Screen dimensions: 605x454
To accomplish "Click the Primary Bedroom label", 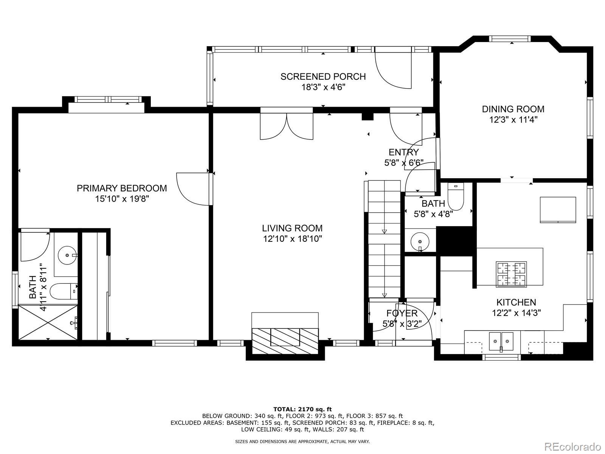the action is [x=122, y=188].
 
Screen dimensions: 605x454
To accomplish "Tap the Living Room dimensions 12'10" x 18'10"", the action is [x=292, y=239].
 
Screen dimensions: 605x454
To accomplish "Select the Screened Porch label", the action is [x=323, y=77].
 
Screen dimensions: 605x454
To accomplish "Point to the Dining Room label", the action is [x=513, y=109].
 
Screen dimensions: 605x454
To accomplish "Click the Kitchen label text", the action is [x=516, y=302].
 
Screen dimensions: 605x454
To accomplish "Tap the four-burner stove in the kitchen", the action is [x=511, y=274].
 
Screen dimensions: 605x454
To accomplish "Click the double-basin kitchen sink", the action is [x=501, y=342].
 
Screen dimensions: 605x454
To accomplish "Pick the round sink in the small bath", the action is [x=420, y=242].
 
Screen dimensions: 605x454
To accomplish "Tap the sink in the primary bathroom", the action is [x=68, y=255].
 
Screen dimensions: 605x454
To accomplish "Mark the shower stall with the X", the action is [x=48, y=322].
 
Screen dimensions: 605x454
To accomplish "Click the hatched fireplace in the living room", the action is [x=285, y=341].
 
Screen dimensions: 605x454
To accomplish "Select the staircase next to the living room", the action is [x=384, y=239].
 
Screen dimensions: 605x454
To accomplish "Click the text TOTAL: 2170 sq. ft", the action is [x=302, y=409].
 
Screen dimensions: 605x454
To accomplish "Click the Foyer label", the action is [x=402, y=313].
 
